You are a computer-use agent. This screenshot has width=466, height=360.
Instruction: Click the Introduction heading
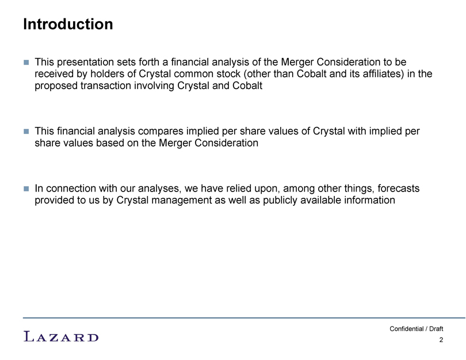click(x=68, y=24)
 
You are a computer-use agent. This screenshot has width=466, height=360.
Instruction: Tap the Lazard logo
click(x=61, y=336)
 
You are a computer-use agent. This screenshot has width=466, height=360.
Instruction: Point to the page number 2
click(x=441, y=340)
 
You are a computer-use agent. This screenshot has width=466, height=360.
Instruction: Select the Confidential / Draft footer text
click(x=416, y=329)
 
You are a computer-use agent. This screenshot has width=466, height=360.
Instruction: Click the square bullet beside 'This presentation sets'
click(x=26, y=62)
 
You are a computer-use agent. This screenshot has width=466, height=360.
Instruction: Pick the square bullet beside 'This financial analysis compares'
click(x=26, y=131)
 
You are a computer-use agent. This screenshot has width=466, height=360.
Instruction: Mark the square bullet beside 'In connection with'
click(x=26, y=189)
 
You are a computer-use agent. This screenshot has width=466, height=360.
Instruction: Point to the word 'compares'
click(x=162, y=131)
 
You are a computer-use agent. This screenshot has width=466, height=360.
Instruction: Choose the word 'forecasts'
click(x=399, y=188)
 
